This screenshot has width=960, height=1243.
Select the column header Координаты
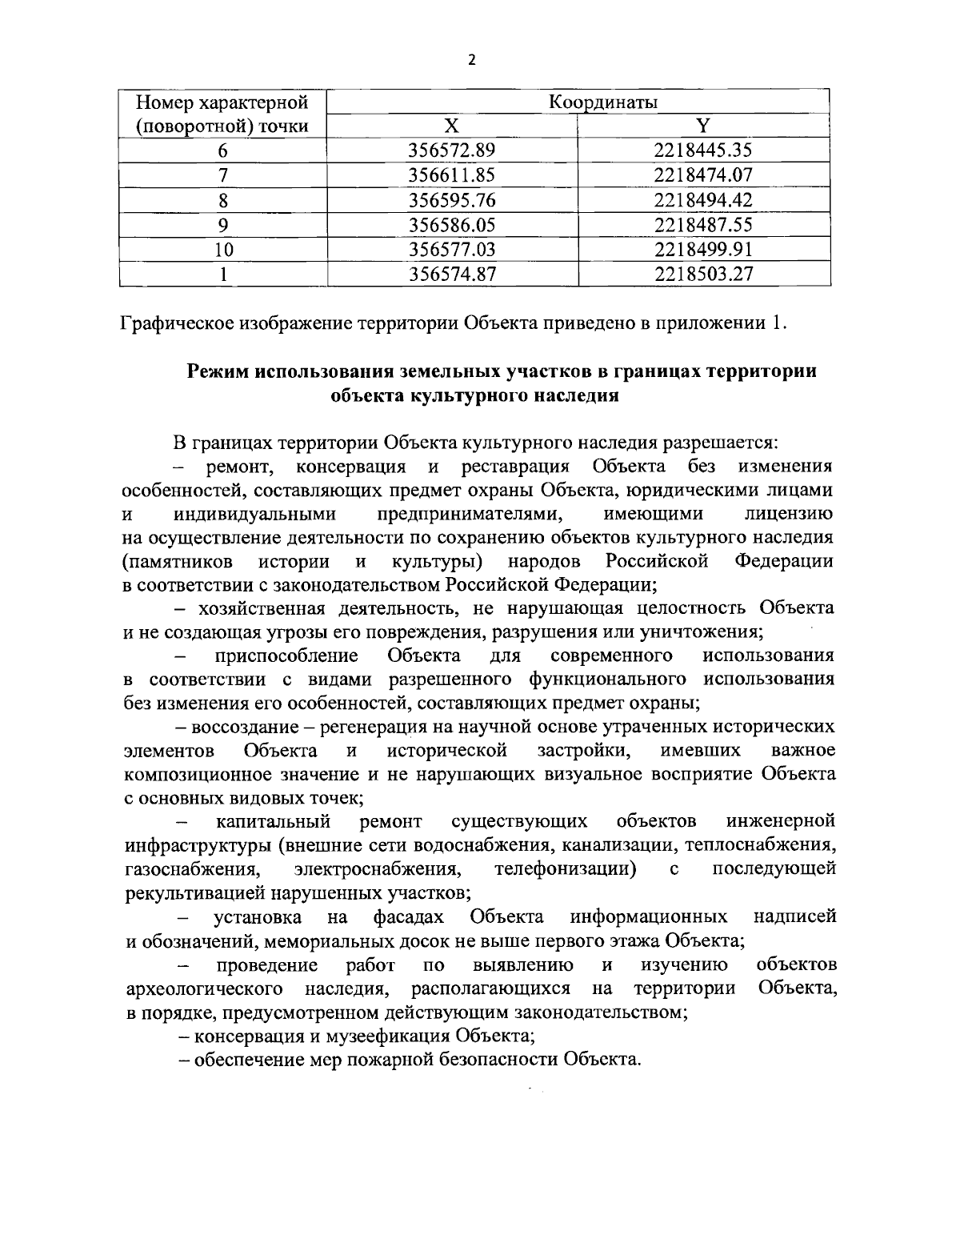tap(603, 102)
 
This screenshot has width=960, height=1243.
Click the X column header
tap(452, 126)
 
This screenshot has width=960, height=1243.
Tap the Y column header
tap(703, 126)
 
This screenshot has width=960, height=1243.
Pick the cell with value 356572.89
tap(453, 150)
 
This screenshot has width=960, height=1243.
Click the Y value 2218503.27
tap(703, 275)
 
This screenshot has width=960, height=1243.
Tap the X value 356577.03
tap(453, 250)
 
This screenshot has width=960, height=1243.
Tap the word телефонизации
tap(565, 868)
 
